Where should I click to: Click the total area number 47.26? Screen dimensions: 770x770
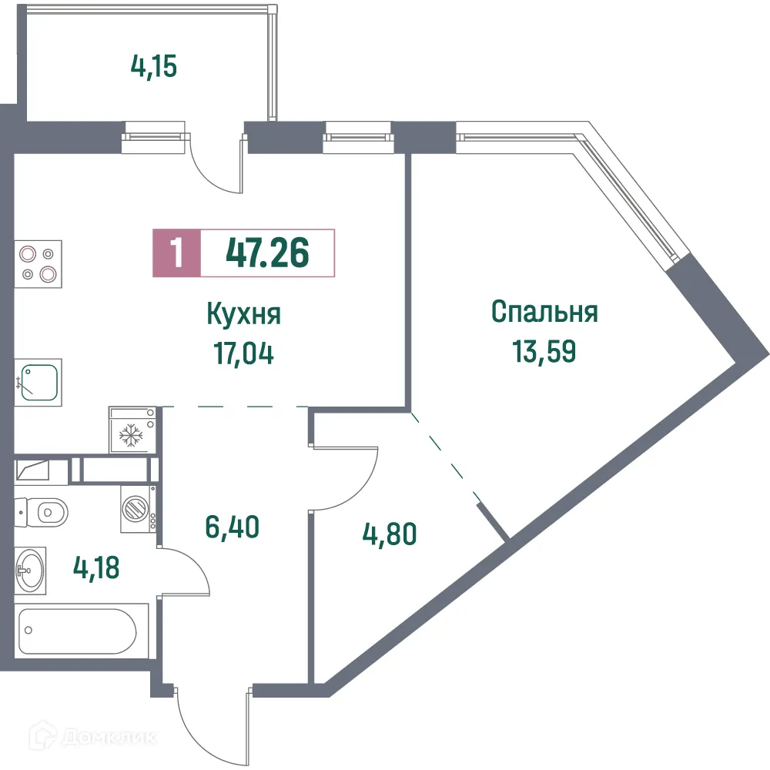(266, 252)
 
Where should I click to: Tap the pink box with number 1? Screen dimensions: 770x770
(177, 253)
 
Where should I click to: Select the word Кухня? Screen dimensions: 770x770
(244, 314)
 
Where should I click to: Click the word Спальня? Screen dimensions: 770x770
(544, 313)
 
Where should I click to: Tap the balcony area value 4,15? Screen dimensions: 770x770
(154, 67)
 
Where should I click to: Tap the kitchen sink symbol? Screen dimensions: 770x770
(41, 383)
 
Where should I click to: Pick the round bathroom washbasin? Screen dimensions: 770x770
(31, 569)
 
